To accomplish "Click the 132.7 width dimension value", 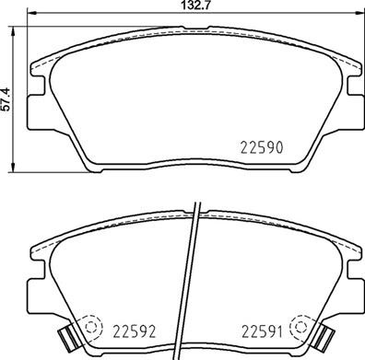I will [x=188, y=6].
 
